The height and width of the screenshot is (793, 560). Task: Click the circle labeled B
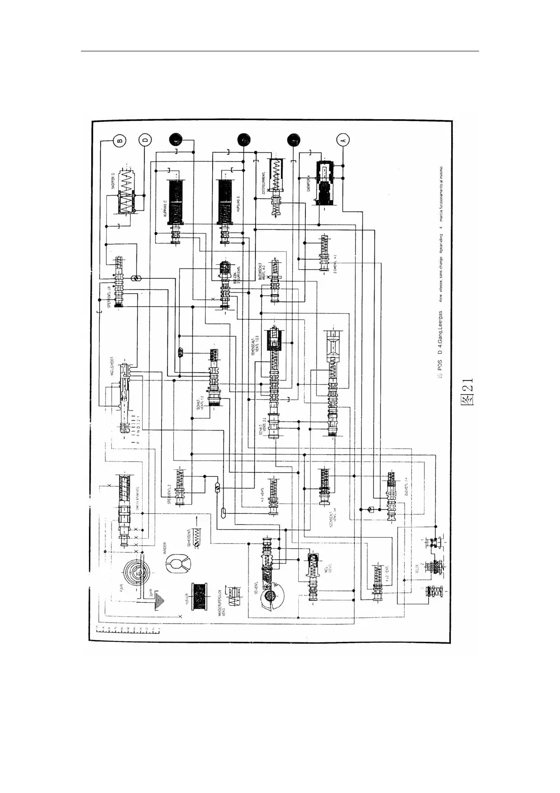coord(120,140)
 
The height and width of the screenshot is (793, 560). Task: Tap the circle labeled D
coord(145,140)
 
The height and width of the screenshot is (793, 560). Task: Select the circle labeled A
coord(343,140)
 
